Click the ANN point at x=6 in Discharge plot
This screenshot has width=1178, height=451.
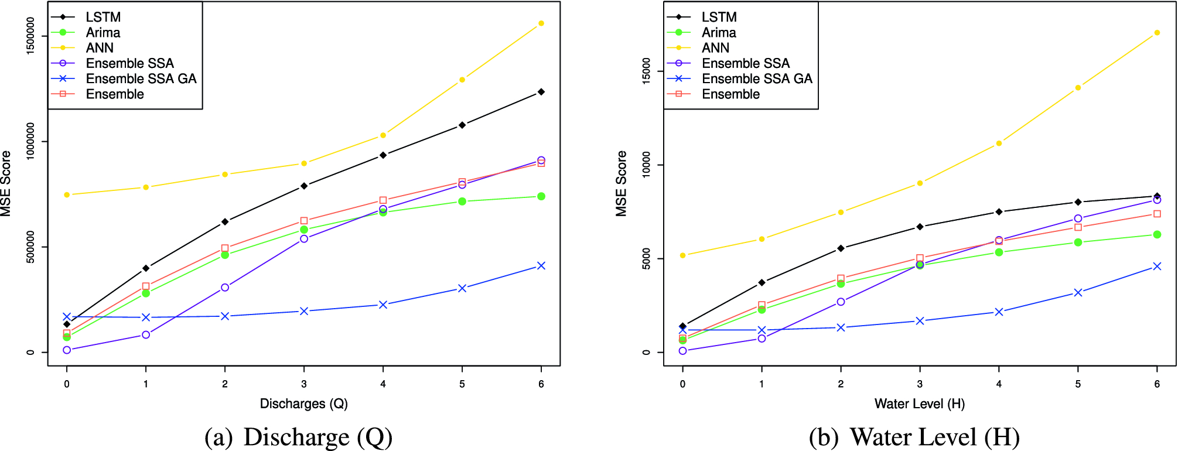click(x=541, y=23)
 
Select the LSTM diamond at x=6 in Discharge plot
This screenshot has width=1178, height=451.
click(x=541, y=92)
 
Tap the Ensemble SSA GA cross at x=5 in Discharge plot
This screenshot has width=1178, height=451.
click(x=462, y=288)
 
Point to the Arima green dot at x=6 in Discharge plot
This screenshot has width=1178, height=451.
click(x=541, y=196)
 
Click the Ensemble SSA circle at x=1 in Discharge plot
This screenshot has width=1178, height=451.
click(x=146, y=335)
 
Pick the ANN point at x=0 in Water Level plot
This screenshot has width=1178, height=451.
click(x=682, y=255)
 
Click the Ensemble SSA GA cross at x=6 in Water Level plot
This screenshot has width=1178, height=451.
click(x=1157, y=266)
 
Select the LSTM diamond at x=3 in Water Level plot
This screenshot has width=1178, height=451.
click(x=920, y=227)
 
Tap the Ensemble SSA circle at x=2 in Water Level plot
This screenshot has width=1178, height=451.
click(x=841, y=302)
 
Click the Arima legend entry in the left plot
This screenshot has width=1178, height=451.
click(x=103, y=33)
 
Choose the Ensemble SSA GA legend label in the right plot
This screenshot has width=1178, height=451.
click(x=757, y=78)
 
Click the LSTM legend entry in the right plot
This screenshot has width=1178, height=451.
click(x=719, y=17)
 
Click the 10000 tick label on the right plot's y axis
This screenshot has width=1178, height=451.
click(x=646, y=165)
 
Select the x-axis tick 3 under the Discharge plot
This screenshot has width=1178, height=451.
click(x=304, y=384)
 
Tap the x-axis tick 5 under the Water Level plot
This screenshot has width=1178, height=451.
click(x=1078, y=384)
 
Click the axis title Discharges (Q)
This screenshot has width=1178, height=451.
click(x=303, y=404)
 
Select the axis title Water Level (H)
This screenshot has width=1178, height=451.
click(x=919, y=404)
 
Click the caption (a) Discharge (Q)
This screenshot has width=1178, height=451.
click(x=298, y=438)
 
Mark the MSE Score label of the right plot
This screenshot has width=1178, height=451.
click(x=622, y=183)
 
